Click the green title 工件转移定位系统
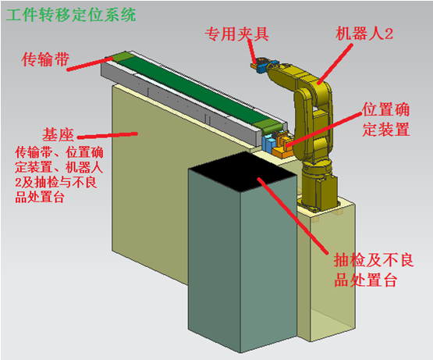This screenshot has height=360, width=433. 71,15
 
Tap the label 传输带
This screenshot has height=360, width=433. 45,59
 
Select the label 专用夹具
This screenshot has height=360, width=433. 236,34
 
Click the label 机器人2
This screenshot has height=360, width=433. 364,34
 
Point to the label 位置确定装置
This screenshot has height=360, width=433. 385,119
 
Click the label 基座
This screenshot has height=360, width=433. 58,135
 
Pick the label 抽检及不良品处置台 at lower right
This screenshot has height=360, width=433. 374,270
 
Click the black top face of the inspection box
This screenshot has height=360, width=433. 242,172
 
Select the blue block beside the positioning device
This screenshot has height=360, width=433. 268,143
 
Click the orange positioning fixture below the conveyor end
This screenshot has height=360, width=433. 282,147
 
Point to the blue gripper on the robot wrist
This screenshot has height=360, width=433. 261,66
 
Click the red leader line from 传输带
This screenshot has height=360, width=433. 90,64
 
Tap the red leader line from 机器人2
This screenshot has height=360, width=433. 335,63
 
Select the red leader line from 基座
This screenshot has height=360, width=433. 107,135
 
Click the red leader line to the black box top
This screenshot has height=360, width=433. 293,216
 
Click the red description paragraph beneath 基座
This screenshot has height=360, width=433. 59,175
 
